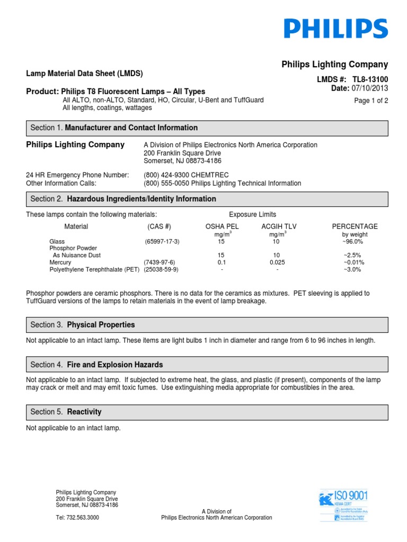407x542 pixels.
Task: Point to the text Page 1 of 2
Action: (x=371, y=101)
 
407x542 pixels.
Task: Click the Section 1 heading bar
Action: (x=207, y=128)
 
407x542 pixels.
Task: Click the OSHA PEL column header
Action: (x=222, y=227)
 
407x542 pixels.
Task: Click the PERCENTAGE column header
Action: (x=355, y=227)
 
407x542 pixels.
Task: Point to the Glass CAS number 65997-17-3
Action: (x=162, y=242)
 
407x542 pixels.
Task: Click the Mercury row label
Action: (x=60, y=263)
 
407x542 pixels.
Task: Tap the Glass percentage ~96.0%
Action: (x=352, y=242)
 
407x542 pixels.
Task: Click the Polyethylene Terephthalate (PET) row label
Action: (x=94, y=269)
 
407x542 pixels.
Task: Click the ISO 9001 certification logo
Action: (x=343, y=505)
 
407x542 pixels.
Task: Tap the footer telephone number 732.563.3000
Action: (x=77, y=518)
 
